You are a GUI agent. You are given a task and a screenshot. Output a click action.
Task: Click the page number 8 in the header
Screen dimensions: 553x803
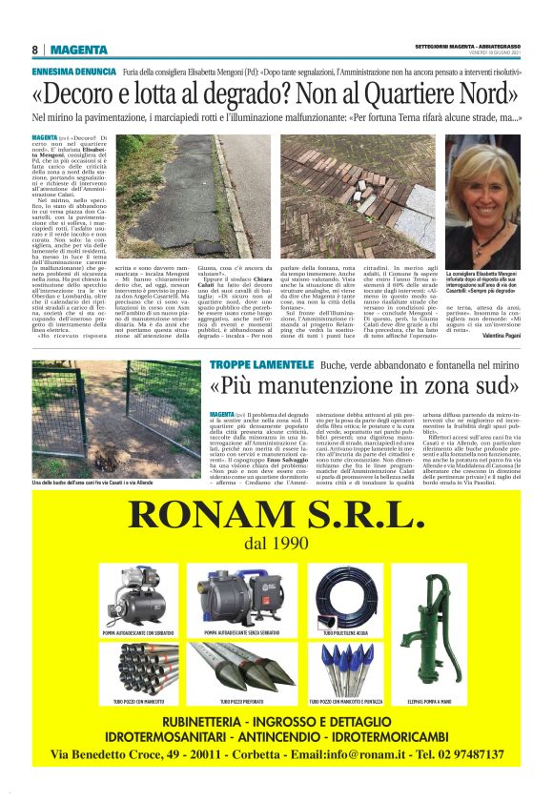coord(34,51)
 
